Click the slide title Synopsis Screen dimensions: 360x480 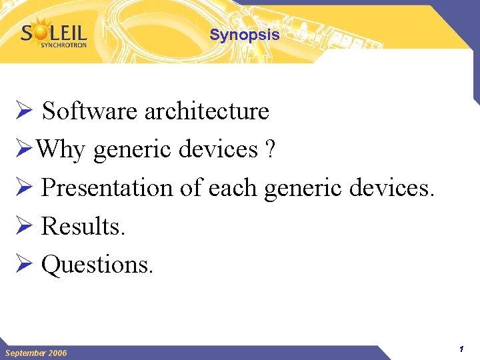point(245,35)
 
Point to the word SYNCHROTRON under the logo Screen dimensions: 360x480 point(63,45)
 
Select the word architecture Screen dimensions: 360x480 point(207,111)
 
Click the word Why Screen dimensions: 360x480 point(60,150)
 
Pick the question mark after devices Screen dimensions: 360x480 point(269,150)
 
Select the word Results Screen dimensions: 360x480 point(83,227)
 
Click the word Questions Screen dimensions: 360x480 point(97,265)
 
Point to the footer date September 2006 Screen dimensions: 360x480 point(36,353)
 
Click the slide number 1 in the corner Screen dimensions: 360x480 point(461,349)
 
